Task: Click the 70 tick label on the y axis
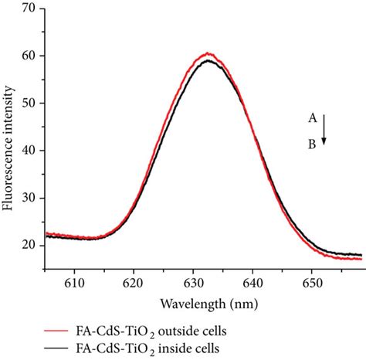[30, 9]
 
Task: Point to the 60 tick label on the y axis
[30, 56]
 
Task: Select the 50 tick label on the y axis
[30, 104]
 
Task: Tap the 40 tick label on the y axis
[30, 151]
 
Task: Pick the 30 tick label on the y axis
[30, 198]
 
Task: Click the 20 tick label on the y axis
[30, 245]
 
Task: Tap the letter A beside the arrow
[312, 118]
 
